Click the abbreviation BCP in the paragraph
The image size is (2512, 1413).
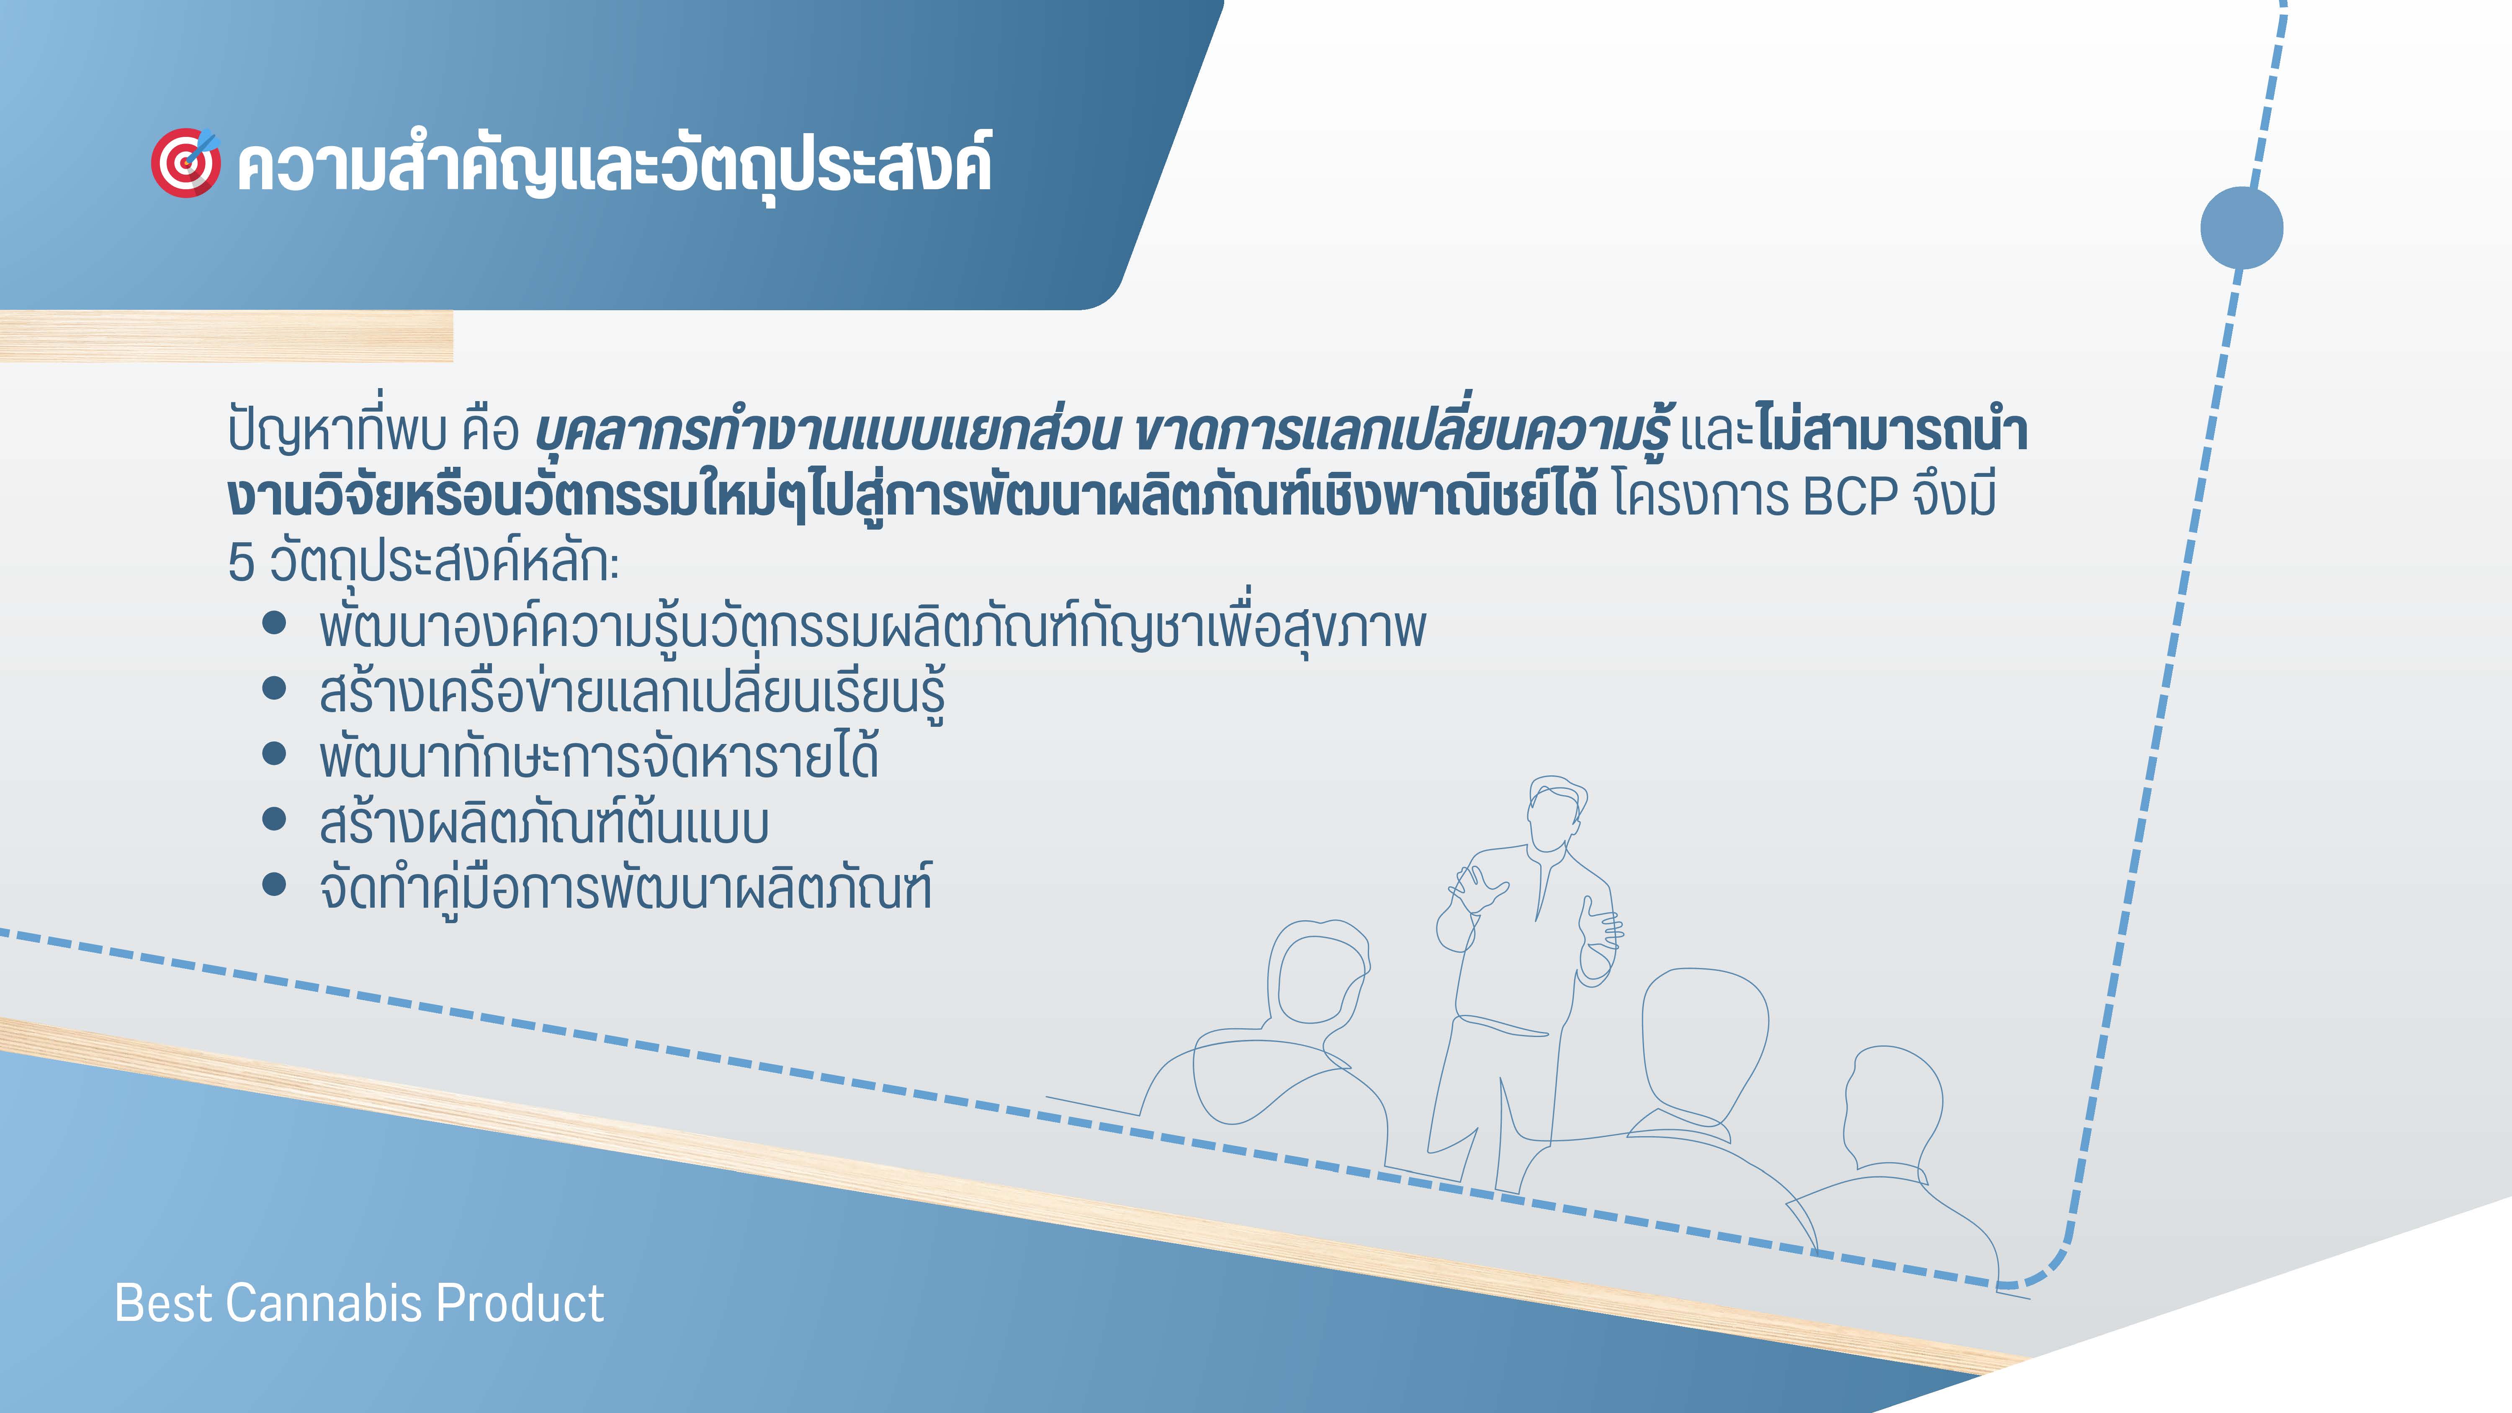coord(1851,497)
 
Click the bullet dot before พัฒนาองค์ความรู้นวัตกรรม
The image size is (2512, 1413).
coord(274,624)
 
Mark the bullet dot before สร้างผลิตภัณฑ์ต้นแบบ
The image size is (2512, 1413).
coord(274,819)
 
